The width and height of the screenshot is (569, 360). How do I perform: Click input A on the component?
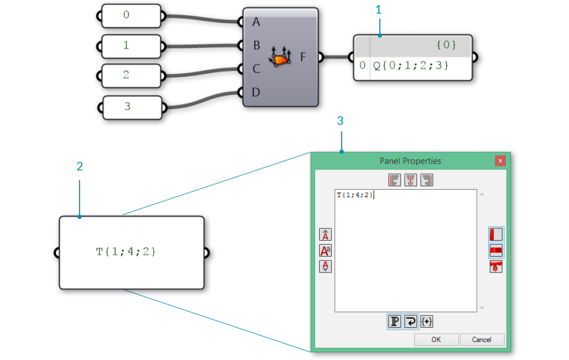coord(256,22)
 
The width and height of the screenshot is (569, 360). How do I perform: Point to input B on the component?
coord(256,46)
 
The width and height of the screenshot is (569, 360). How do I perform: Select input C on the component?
coord(256,69)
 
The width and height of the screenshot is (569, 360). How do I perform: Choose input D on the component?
coord(256,92)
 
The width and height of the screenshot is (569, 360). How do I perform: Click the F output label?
coord(303,57)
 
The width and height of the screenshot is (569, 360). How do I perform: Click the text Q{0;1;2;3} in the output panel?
coord(411,66)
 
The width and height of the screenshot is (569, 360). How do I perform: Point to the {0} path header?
coord(446,45)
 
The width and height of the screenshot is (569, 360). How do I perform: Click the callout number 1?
coord(379,10)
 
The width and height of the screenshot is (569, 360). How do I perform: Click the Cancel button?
coord(482,340)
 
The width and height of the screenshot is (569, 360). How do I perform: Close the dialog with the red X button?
coord(500,161)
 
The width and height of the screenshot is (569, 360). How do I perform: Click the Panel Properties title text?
coord(410,161)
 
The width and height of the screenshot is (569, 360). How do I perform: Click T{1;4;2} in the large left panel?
coord(126,251)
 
